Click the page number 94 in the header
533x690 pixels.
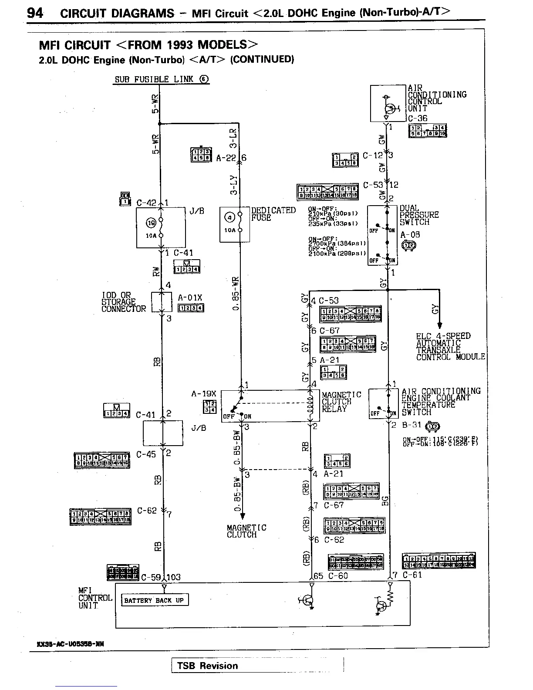(35, 13)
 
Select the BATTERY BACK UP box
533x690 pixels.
(154, 600)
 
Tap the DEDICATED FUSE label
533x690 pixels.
(273, 214)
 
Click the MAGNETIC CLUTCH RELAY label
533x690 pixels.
(341, 402)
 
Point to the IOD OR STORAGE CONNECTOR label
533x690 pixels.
(124, 302)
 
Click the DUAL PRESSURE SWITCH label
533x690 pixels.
(419, 215)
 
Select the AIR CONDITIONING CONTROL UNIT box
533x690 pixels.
(388, 103)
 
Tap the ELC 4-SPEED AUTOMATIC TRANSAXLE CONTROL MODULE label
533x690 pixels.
(450, 346)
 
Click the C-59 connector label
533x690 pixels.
(151, 578)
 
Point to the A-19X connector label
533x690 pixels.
(203, 394)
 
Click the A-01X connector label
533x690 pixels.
(190, 298)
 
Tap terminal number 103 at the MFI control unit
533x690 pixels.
(173, 577)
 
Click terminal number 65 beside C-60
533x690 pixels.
(318, 576)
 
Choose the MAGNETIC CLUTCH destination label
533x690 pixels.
(246, 531)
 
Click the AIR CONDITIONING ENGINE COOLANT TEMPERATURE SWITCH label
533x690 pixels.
(441, 401)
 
